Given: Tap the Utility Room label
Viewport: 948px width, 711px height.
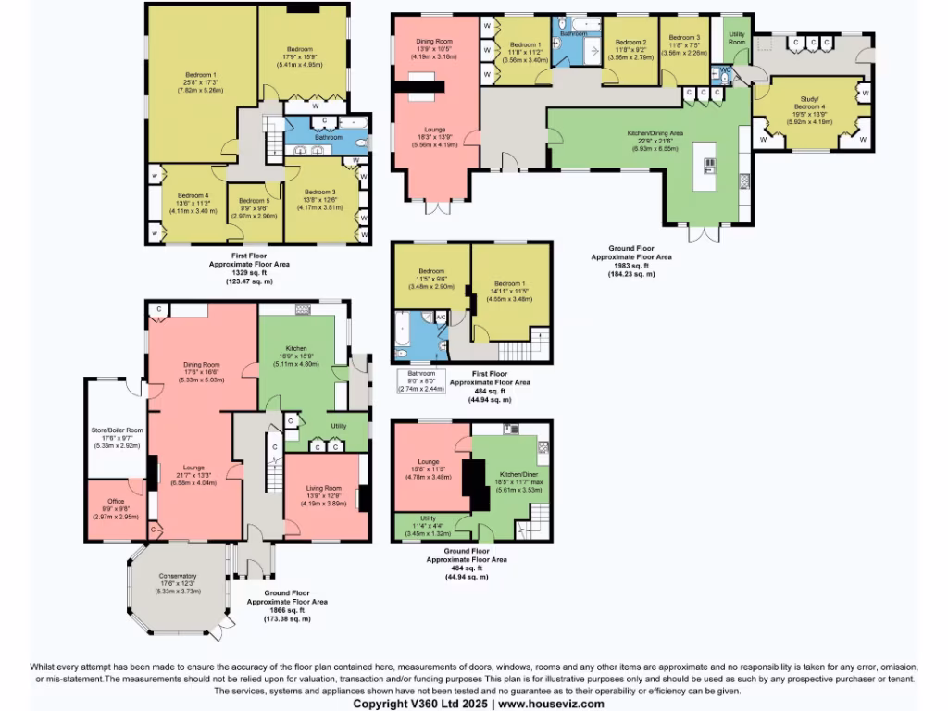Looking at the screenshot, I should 736,38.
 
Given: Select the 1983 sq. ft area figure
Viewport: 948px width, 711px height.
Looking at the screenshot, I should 630,265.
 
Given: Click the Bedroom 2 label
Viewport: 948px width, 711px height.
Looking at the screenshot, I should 630,42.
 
